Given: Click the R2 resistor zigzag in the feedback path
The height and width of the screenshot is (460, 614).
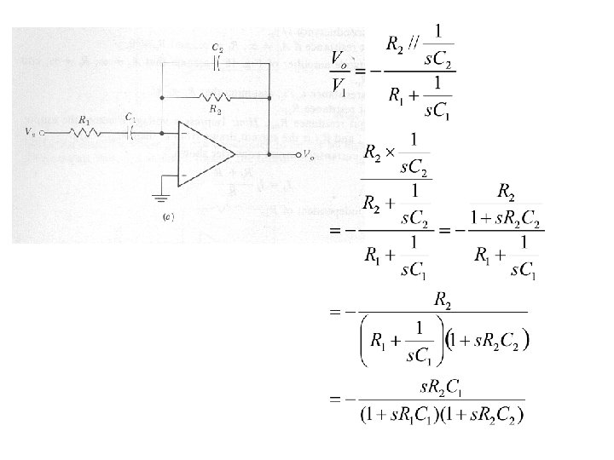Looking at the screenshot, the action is (213, 99).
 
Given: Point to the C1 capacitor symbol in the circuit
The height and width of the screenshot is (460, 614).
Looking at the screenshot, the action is (130, 132).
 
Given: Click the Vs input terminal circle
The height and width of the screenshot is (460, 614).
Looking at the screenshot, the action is (42, 132).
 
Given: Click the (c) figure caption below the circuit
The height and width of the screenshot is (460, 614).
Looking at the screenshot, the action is (167, 218).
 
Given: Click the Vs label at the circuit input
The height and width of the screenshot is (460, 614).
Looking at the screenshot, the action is (32, 133).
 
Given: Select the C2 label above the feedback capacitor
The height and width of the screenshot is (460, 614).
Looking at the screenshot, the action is (219, 49).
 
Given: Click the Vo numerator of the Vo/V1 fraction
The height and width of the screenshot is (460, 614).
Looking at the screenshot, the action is (339, 59).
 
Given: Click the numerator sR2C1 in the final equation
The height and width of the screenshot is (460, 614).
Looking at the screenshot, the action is (440, 388).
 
